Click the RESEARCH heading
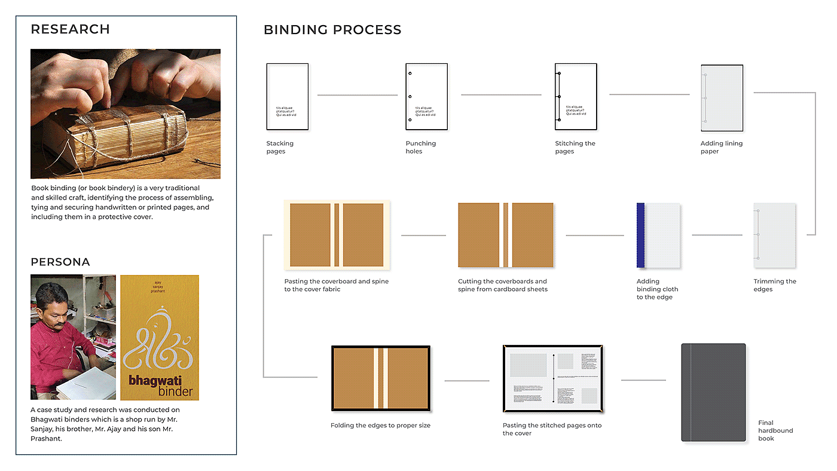[70, 29]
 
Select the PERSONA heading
[60, 262]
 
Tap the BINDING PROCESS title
[332, 30]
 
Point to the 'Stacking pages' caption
[280, 148]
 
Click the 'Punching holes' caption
[420, 148]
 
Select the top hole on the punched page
[410, 74]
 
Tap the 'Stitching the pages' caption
[575, 148]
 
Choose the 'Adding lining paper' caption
[721, 148]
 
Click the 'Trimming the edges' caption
[774, 285]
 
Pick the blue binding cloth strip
[640, 235]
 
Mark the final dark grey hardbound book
[713, 392]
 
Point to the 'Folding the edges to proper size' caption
[380, 426]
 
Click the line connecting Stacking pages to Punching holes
[357, 95]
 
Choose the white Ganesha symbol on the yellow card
[158, 338]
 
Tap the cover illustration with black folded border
[381, 378]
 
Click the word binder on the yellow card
[176, 392]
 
